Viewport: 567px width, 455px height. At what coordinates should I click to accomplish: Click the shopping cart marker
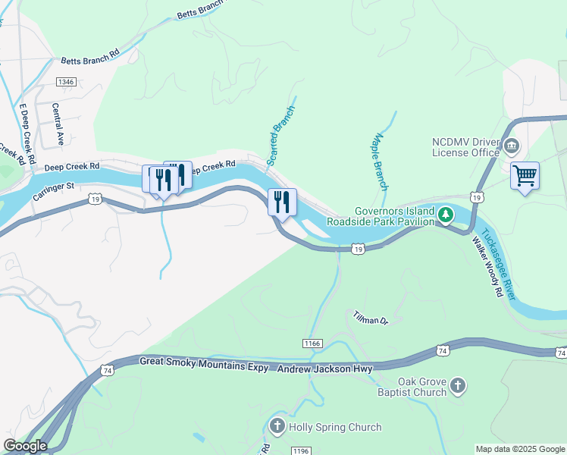(x=525, y=176)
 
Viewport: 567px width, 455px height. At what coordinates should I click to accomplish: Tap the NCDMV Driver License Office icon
(x=511, y=146)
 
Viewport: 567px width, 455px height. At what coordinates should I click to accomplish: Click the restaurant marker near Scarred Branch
(x=281, y=202)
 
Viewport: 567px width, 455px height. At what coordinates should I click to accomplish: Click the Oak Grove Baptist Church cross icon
(x=457, y=387)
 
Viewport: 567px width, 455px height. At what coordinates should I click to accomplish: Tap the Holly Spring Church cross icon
(x=277, y=427)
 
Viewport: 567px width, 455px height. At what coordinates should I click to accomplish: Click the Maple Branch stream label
(x=380, y=162)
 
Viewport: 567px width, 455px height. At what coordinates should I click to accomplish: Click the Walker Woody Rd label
(x=487, y=268)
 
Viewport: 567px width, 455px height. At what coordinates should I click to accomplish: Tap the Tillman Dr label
(x=371, y=318)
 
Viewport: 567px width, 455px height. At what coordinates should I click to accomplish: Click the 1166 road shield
(x=312, y=344)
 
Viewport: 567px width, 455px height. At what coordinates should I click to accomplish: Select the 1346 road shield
(x=65, y=81)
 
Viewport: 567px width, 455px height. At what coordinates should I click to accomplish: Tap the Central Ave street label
(x=57, y=124)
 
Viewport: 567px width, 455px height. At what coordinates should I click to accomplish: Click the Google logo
(x=24, y=446)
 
